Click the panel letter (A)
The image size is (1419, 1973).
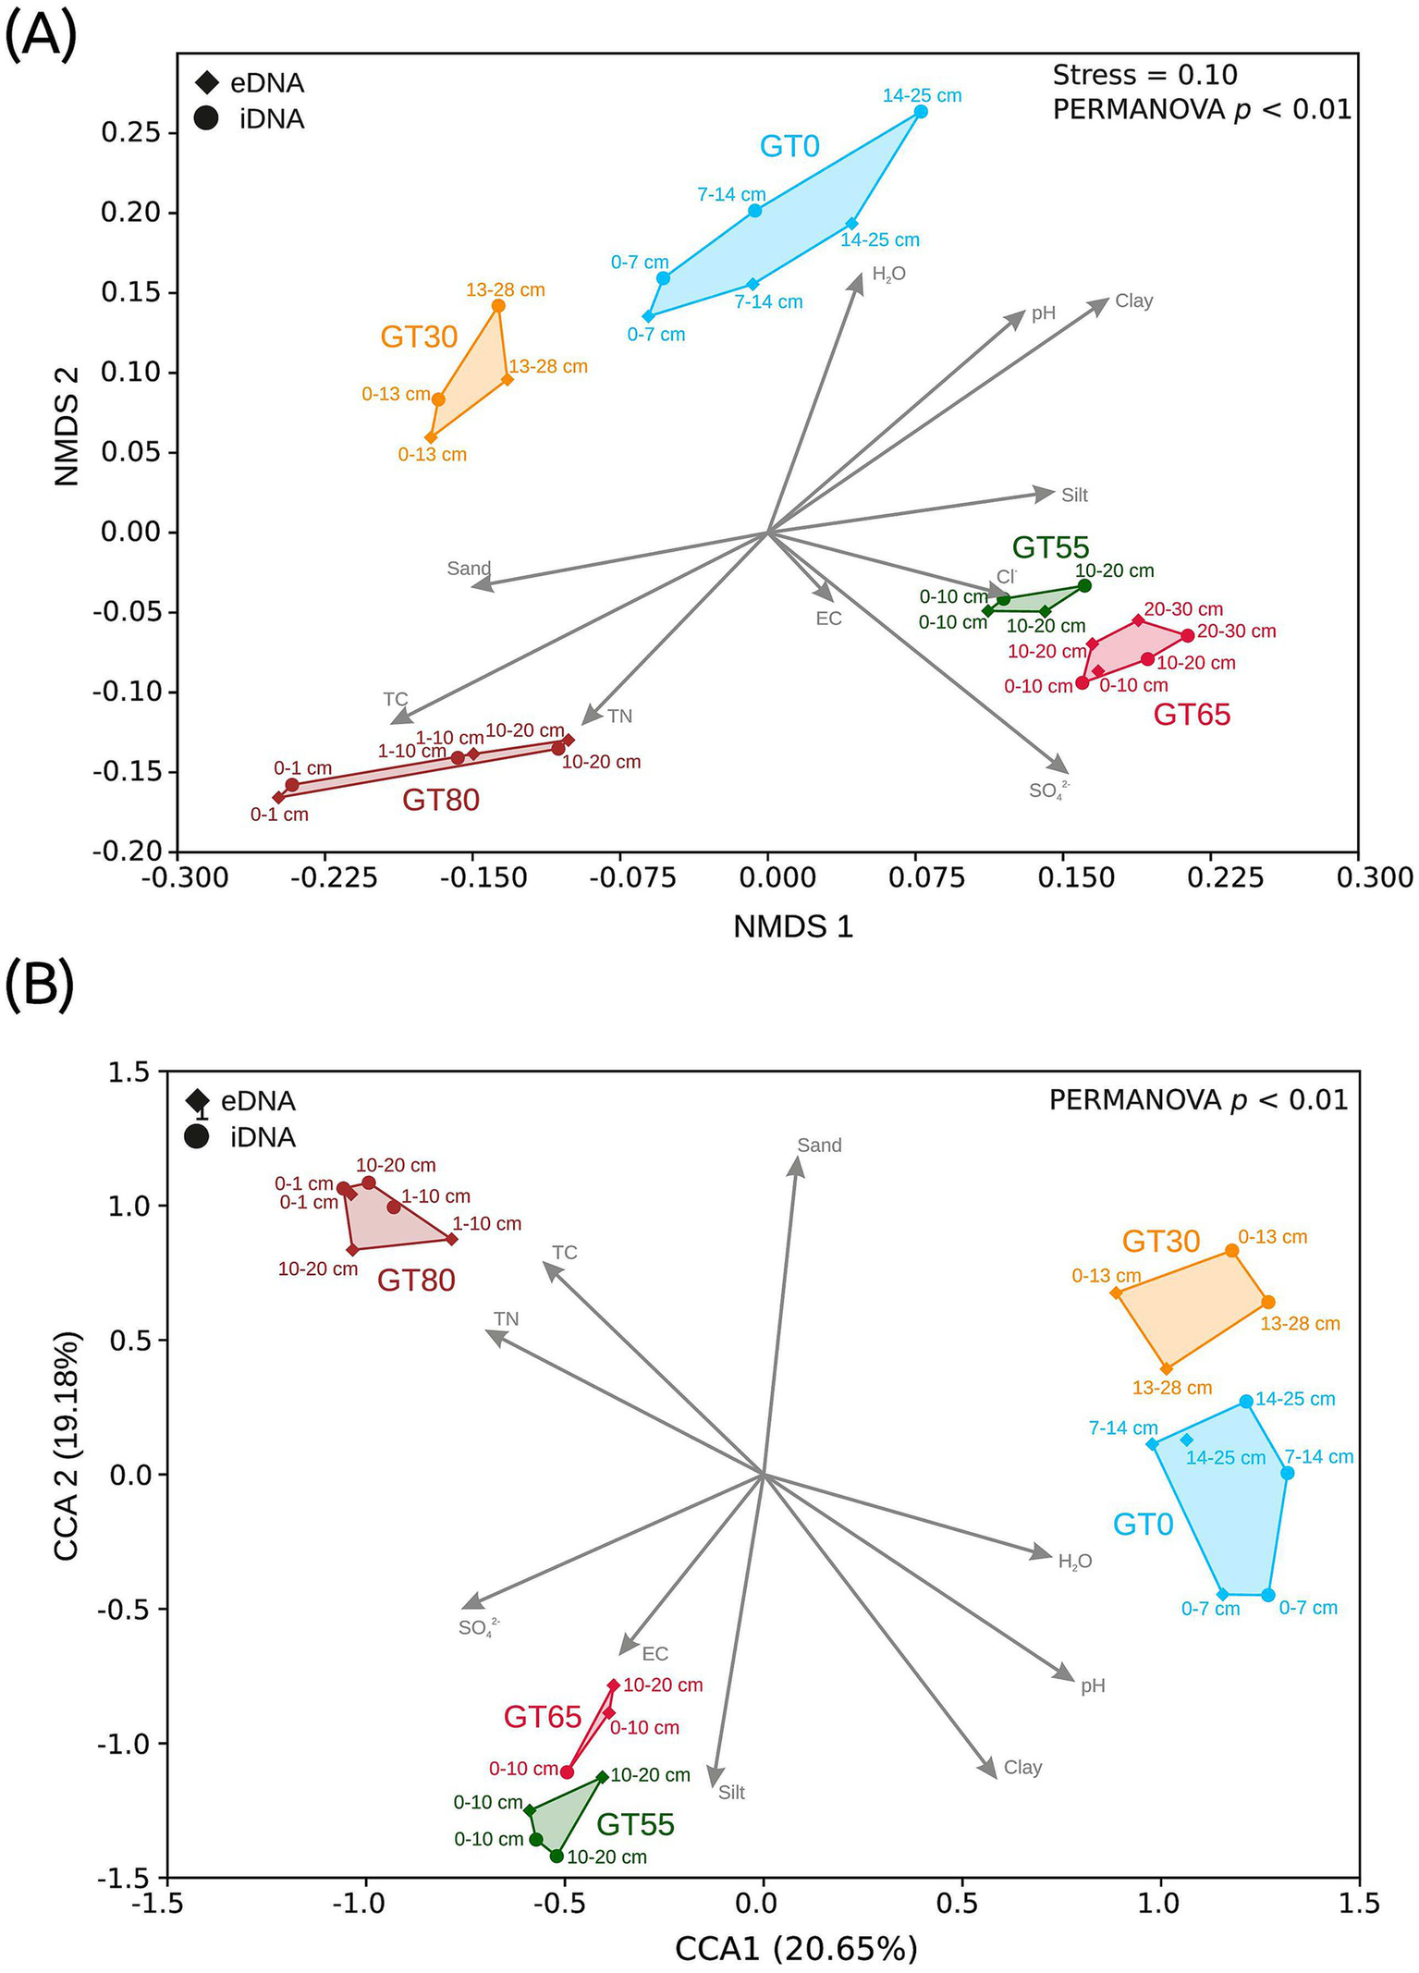[x=41, y=35]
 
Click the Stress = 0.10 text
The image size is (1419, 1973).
[x=1144, y=75]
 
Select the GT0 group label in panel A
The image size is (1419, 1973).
[x=789, y=146]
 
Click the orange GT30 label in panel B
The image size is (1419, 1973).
[x=1160, y=1241]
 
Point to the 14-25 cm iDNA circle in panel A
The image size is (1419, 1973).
[x=921, y=112]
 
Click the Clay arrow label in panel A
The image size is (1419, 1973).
[x=1133, y=301]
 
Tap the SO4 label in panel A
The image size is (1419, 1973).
[x=1048, y=790]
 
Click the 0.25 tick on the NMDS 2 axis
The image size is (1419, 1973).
[x=130, y=133]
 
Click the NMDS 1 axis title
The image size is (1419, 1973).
[x=792, y=926]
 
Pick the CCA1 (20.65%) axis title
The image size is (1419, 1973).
[x=796, y=1948]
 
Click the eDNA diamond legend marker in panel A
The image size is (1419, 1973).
[x=207, y=83]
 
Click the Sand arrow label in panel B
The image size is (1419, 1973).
[x=819, y=1146]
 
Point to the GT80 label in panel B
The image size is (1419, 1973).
[x=416, y=1280]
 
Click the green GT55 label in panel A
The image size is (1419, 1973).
[x=1050, y=547]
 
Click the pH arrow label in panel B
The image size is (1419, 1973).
[x=1093, y=1685]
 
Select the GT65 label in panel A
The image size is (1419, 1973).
[x=1192, y=715]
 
